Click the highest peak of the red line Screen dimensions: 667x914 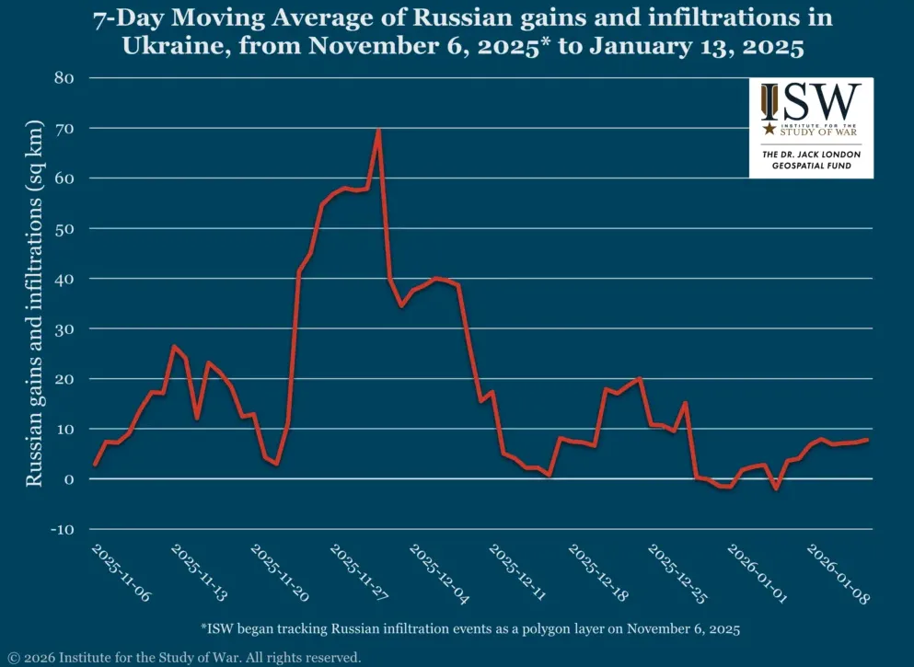pyautogui.click(x=378, y=130)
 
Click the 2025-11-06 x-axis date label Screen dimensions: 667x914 pyautogui.click(x=121, y=572)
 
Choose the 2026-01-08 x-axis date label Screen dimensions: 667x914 pyautogui.click(x=837, y=572)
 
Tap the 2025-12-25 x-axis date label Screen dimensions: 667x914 pyautogui.click(x=677, y=572)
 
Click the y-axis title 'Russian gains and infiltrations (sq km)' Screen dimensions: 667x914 pyautogui.click(x=34, y=304)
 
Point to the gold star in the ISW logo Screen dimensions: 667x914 pyautogui.click(x=769, y=130)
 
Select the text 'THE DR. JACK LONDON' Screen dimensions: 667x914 pyautogui.click(x=811, y=155)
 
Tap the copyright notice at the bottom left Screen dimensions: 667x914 pyautogui.click(x=184, y=657)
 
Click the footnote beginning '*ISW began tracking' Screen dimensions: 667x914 pyautogui.click(x=469, y=629)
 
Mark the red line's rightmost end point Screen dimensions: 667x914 pyautogui.click(x=867, y=440)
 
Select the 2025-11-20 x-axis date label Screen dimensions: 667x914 pyautogui.click(x=280, y=572)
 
